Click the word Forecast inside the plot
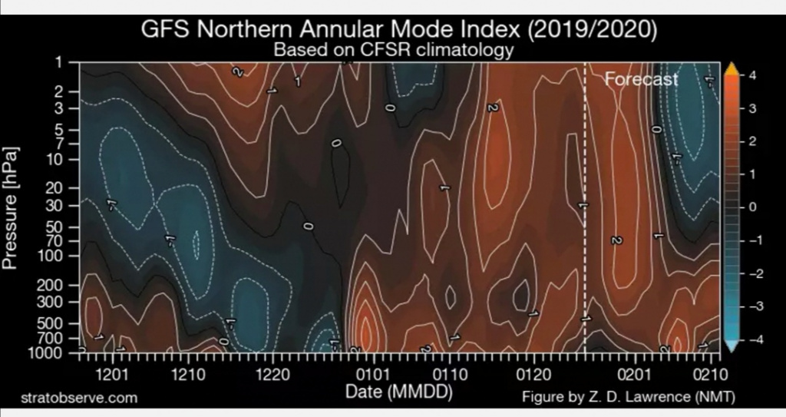[642, 78]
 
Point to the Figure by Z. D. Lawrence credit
[628, 398]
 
